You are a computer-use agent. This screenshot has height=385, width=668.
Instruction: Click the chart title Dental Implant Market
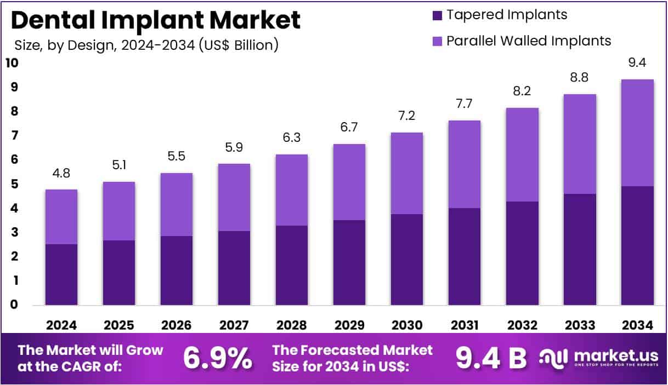155,20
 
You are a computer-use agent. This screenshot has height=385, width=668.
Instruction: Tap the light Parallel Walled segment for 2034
637,133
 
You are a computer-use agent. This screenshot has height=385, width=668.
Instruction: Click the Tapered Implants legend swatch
437,15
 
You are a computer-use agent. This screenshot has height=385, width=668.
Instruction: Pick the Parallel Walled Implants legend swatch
437,41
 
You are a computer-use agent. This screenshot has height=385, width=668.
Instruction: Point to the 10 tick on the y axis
12,63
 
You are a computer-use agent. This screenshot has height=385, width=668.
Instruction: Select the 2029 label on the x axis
349,325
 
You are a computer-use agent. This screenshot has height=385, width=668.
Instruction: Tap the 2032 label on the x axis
522,325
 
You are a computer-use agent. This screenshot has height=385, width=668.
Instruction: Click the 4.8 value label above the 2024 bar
61,174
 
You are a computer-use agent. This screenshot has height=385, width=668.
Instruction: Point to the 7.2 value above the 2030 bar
407,116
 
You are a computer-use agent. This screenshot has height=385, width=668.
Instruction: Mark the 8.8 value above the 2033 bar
580,78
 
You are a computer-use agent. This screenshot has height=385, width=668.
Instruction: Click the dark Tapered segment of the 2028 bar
291,265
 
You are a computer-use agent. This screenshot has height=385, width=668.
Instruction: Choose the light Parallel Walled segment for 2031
465,164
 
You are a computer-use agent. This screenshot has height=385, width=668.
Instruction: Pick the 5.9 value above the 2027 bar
234,147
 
